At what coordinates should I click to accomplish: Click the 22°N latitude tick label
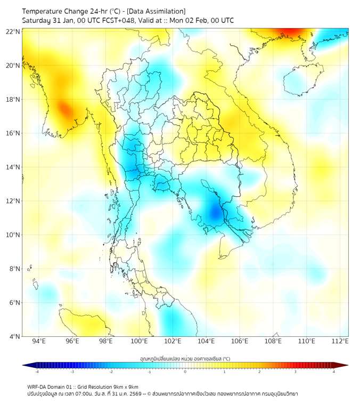13,31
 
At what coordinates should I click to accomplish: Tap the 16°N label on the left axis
13,133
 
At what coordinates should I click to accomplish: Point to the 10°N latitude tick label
13,235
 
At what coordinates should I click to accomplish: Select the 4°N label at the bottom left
14,336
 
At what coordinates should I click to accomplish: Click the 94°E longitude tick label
38,341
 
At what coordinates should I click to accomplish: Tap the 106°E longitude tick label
240,341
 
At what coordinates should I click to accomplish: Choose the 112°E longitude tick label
340,341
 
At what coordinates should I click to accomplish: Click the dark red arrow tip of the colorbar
345,365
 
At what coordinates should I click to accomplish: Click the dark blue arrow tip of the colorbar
25,365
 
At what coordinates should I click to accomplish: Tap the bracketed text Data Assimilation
158,11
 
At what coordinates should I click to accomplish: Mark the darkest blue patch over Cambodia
215,213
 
